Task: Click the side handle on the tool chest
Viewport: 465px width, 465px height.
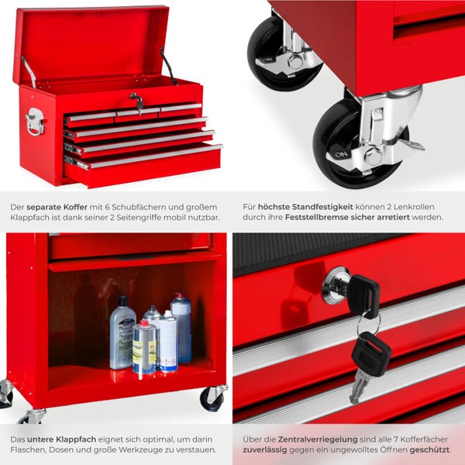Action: pos(36,122)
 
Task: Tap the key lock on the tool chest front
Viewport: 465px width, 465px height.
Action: pos(137,102)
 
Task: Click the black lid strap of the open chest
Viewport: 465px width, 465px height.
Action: pos(168,67)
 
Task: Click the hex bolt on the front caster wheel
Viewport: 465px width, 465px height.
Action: pos(373,157)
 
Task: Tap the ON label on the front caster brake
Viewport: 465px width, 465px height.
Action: pos(341,154)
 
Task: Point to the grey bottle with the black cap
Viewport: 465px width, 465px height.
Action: pos(122,332)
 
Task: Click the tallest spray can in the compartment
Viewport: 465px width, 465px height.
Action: pos(181,327)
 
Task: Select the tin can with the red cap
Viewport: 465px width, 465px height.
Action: pos(144,347)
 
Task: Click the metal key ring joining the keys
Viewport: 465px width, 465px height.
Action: pos(369,325)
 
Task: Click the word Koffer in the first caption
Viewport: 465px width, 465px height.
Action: pos(76,207)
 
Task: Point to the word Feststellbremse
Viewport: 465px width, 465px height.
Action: pos(316,217)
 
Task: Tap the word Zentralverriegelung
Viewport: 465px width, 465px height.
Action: pos(318,439)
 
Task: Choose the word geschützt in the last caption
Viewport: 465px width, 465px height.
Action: pos(429,449)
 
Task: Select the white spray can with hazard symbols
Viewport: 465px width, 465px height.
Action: pos(168,342)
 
